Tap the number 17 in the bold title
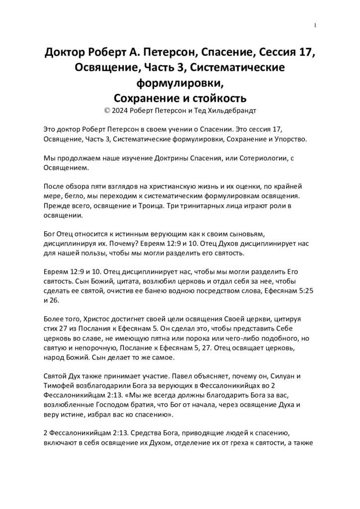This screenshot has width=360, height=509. click(x=306, y=53)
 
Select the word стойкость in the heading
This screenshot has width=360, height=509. click(x=219, y=96)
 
